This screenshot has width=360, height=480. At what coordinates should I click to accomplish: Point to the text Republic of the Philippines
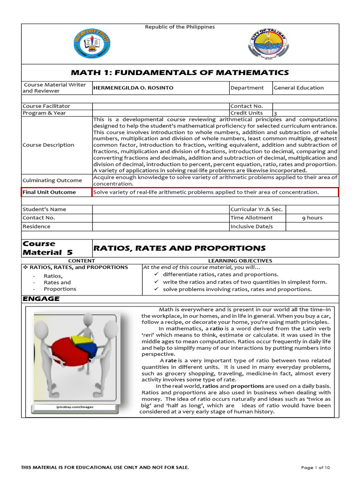click(x=180, y=27)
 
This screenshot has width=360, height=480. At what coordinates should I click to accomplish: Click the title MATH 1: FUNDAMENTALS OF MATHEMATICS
click(x=180, y=73)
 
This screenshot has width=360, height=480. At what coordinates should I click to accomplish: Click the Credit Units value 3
click(x=275, y=113)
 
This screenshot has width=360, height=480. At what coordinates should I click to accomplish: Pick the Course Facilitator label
click(x=46, y=106)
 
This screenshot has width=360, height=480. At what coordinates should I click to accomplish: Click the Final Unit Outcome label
click(x=49, y=192)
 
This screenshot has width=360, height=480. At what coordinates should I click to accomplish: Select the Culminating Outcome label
click(x=52, y=180)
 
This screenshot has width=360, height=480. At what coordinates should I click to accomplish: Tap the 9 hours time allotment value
click(x=312, y=218)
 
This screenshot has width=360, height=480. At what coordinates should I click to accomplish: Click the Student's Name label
click(x=45, y=210)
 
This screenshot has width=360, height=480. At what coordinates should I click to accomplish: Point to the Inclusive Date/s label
click(x=251, y=226)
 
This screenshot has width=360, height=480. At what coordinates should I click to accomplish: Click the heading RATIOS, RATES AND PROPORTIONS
click(x=180, y=248)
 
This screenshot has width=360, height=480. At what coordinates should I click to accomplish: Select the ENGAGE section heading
click(x=41, y=299)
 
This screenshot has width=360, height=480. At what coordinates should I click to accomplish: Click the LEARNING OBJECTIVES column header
click(x=240, y=261)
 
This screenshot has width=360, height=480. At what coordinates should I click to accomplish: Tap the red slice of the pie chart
click(x=66, y=352)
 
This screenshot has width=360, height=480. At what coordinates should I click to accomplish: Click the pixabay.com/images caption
click(x=75, y=407)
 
